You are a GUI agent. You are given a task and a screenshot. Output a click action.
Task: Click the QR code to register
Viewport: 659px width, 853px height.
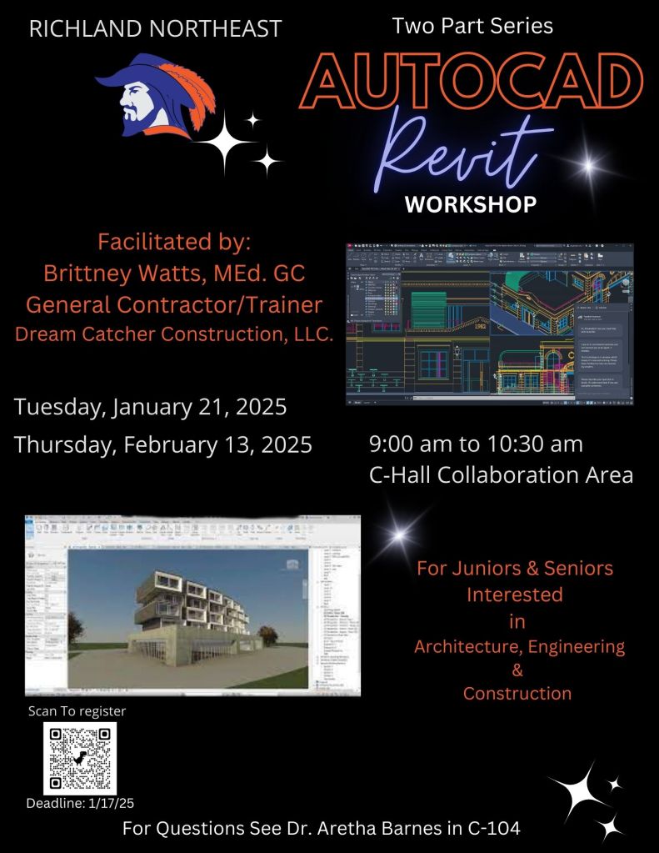pyautogui.click(x=79, y=758)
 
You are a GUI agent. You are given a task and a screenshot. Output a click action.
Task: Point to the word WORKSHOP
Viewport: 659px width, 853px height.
pyautogui.click(x=471, y=204)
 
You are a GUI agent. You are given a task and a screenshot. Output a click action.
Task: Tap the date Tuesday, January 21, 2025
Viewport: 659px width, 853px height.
pyautogui.click(x=151, y=408)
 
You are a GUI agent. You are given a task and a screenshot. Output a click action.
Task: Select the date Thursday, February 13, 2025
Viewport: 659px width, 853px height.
pyautogui.click(x=163, y=444)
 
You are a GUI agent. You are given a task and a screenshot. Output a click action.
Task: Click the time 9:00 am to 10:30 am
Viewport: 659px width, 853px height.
pyautogui.click(x=476, y=443)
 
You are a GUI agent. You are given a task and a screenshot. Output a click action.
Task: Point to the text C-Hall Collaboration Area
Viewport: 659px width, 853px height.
pyautogui.click(x=501, y=474)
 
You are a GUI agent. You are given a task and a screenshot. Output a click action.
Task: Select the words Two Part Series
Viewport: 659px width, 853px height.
pyautogui.click(x=472, y=26)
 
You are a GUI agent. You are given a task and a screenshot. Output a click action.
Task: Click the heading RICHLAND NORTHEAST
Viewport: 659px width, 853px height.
pyautogui.click(x=155, y=29)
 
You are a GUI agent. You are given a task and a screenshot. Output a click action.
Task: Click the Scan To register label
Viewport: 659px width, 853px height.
pyautogui.click(x=77, y=711)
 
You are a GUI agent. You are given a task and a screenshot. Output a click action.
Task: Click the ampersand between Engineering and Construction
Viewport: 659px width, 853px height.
pyautogui.click(x=517, y=670)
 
